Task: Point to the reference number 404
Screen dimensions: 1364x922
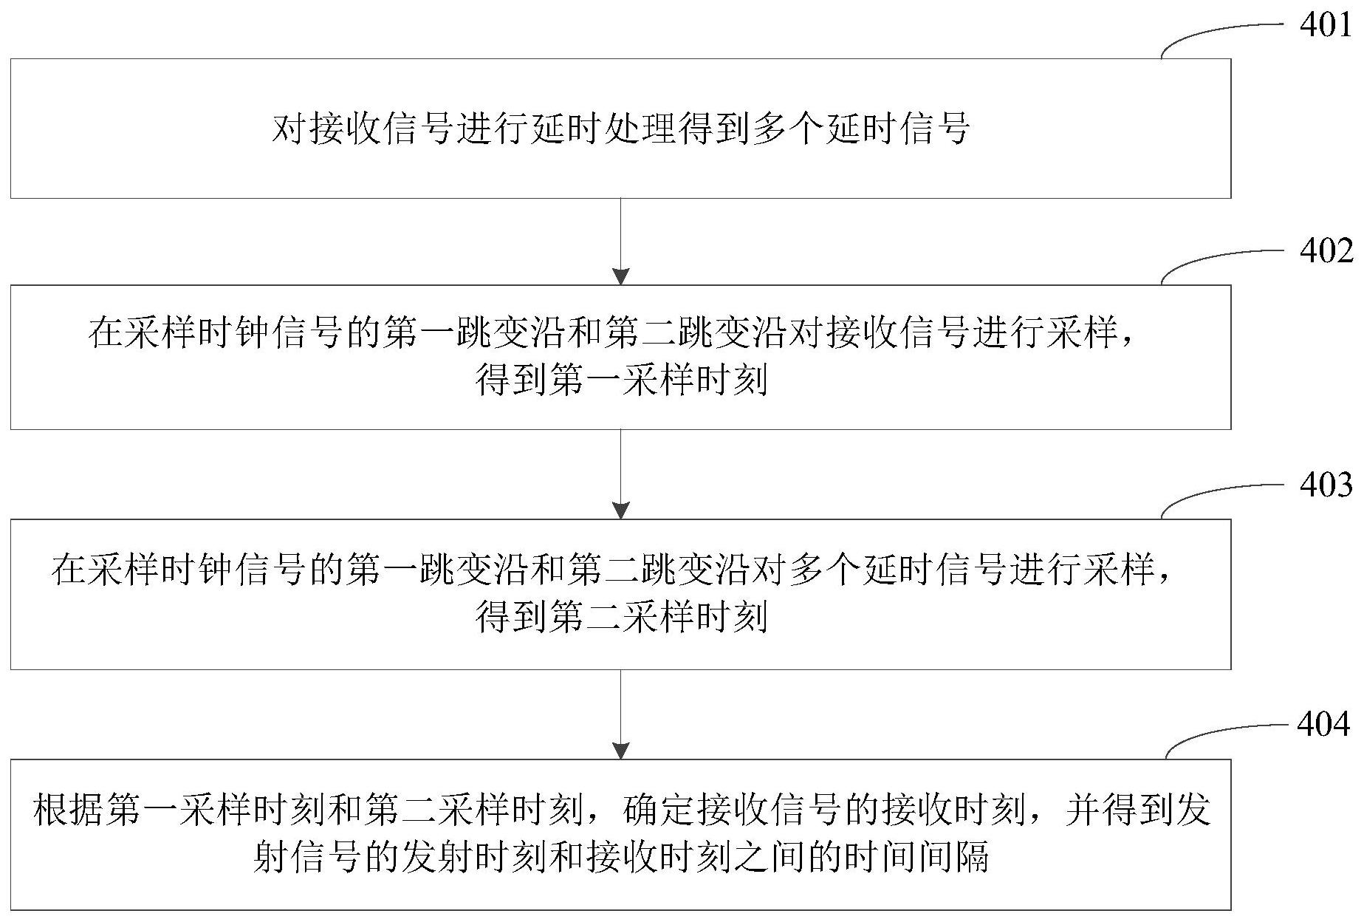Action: pyautogui.click(x=1324, y=725)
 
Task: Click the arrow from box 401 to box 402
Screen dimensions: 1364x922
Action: pyautogui.click(x=621, y=242)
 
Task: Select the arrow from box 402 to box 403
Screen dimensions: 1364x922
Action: pyautogui.click(x=621, y=474)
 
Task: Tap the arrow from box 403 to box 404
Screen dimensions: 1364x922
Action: pyautogui.click(x=621, y=714)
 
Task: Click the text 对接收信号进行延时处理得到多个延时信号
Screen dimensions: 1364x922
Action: pyautogui.click(x=620, y=129)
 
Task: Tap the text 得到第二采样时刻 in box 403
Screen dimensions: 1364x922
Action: pyautogui.click(x=621, y=616)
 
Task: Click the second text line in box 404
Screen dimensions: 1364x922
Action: pyautogui.click(x=621, y=858)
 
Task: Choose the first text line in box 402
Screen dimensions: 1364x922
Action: pyautogui.click(x=612, y=332)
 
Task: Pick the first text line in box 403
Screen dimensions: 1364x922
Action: pyautogui.click(x=612, y=570)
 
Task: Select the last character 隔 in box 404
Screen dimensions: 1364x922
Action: pyautogui.click(x=972, y=858)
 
